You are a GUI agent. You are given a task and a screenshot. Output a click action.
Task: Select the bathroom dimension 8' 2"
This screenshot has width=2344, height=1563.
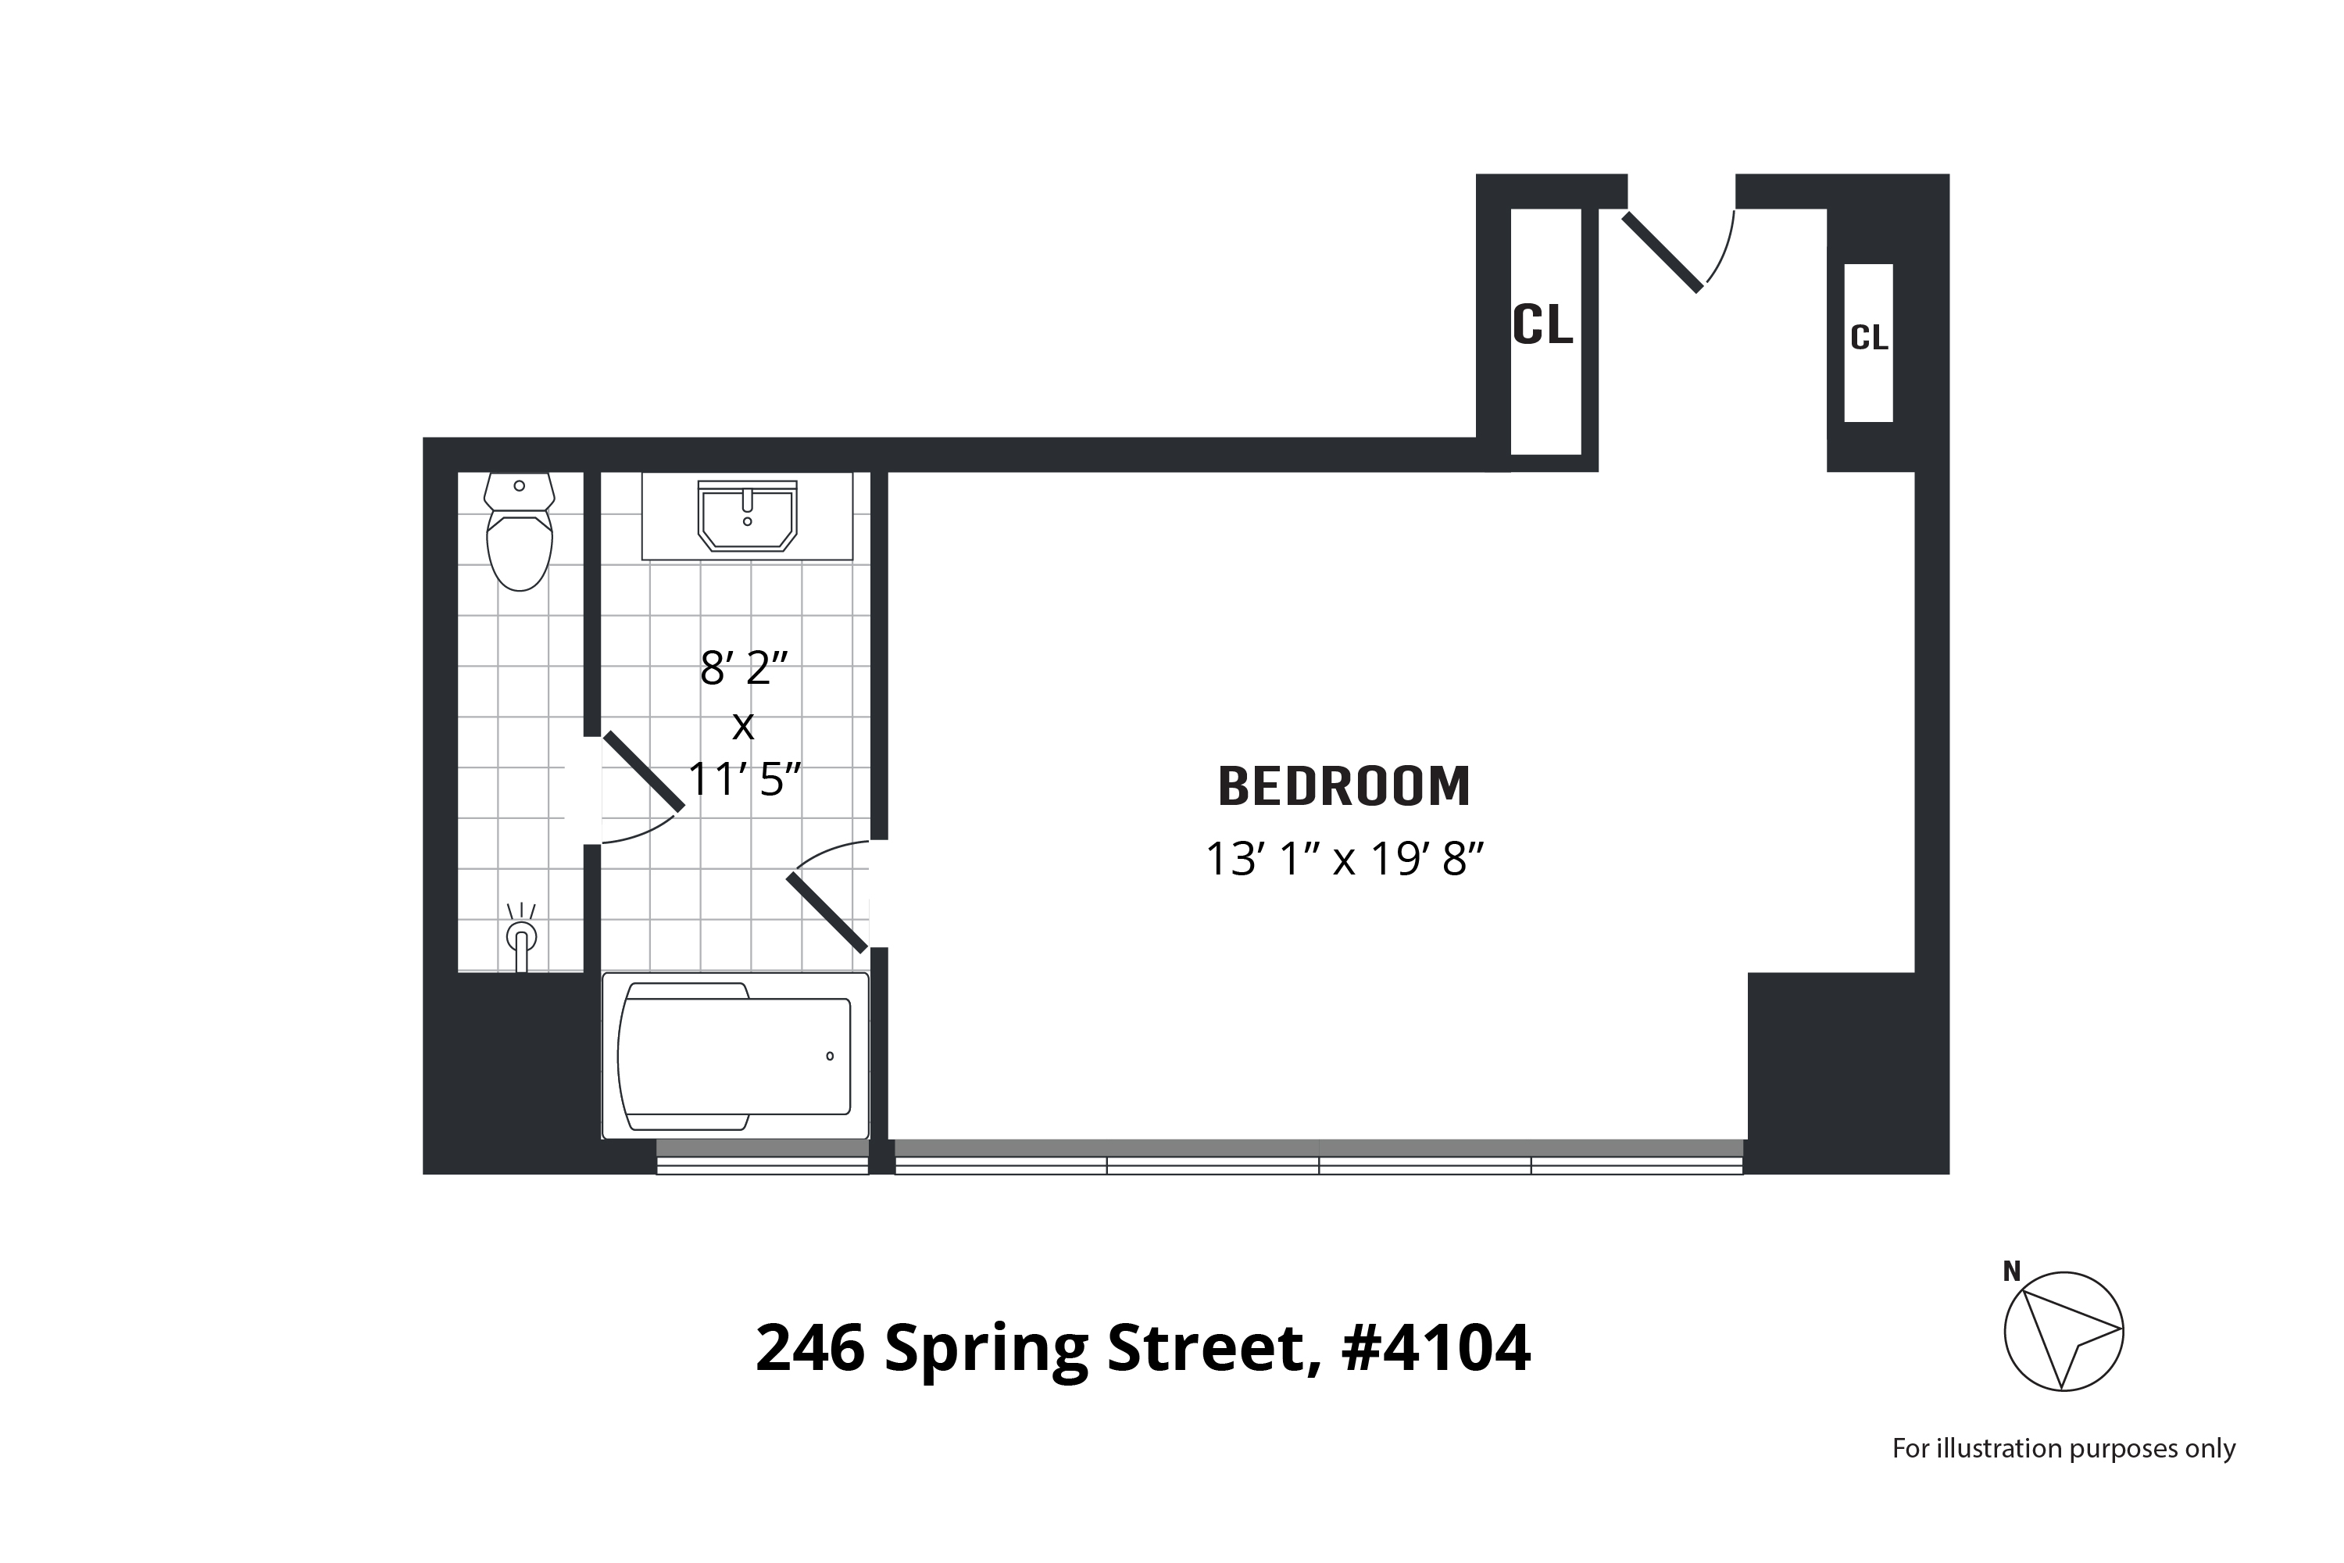coord(744,668)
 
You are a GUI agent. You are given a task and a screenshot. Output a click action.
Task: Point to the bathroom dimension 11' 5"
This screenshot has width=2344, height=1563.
coord(745,778)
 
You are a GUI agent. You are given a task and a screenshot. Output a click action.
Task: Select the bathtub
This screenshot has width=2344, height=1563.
coord(735,1057)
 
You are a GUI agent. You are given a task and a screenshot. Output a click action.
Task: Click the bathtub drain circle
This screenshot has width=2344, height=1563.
coord(830,1057)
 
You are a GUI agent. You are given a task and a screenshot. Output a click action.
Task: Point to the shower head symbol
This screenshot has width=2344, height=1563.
coord(521,937)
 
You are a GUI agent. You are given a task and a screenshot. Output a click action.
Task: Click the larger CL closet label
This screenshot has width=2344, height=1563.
coord(1542,325)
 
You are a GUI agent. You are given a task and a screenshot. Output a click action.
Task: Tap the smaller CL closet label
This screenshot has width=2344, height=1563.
coord(1869,339)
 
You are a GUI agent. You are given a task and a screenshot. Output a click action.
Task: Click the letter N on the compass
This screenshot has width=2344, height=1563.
coord(2011,1272)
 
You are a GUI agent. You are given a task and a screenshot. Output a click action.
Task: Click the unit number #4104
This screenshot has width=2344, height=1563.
coord(1435,1349)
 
